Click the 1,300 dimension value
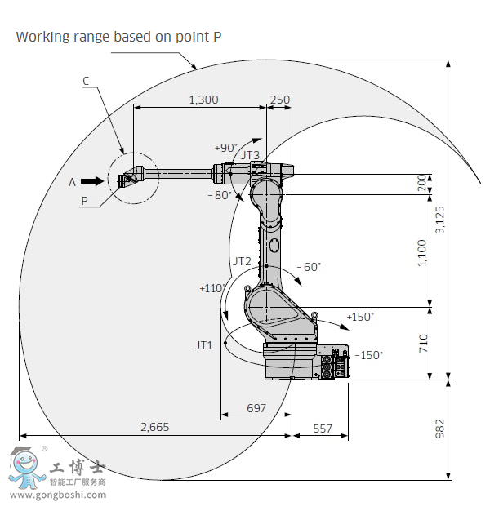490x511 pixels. point(203,100)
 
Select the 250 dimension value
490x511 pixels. point(279,100)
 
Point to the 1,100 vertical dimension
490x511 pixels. point(422,252)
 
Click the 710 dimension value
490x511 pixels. point(423,343)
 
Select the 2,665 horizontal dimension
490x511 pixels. point(155,427)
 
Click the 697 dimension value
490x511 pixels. point(256,407)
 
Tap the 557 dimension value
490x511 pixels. point(323,428)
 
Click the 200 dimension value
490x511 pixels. point(422,183)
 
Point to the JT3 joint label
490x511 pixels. point(250,155)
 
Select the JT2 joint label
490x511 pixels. point(242,261)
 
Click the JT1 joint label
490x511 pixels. point(203,345)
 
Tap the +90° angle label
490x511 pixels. point(225,148)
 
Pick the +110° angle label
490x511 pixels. point(211,288)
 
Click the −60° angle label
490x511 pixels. point(309,267)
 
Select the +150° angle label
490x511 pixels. point(359,316)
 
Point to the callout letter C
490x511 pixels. point(86,80)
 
